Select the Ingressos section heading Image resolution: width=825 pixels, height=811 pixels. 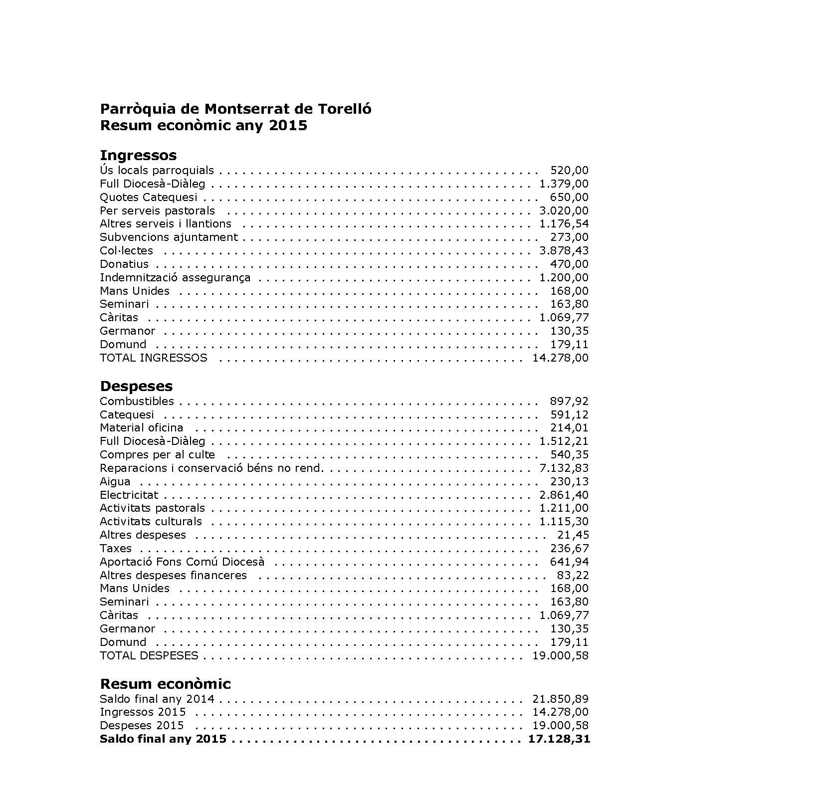pos(138,155)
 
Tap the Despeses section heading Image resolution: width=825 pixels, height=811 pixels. pos(136,386)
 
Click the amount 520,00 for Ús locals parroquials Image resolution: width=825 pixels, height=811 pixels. pos(569,171)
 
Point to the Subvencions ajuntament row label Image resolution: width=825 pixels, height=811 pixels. pos(169,237)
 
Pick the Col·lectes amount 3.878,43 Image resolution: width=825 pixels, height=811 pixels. pos(564,251)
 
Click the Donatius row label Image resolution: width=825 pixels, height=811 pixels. pos(124,264)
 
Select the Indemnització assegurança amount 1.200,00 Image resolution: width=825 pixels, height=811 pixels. pos(564,278)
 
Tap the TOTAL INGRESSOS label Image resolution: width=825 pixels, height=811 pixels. pos(153,358)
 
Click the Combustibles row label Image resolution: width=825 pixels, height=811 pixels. pos(137,402)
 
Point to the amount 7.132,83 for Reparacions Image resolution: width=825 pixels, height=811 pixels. pos(564,468)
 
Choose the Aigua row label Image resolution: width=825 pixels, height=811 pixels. pos(115,482)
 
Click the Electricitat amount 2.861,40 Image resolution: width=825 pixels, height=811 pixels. pos(564,495)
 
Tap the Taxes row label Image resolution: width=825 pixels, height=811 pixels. pos(116,549)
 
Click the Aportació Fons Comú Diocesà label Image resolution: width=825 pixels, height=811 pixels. pos(182,562)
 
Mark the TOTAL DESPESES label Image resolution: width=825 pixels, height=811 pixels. pos(149,656)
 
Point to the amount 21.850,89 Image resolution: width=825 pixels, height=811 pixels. pos(560,699)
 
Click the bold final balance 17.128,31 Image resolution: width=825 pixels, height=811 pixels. pos(559,739)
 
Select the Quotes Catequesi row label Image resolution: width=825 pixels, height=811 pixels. pos(149,198)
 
